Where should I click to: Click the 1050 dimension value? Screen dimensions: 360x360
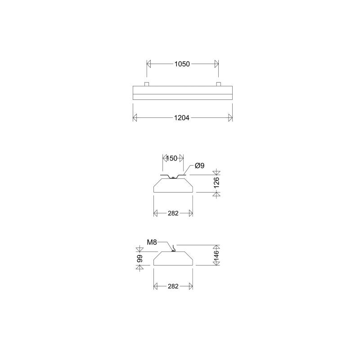click(182, 64)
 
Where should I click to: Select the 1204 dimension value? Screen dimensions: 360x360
click(182, 118)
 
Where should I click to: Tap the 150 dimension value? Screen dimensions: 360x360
click(172, 158)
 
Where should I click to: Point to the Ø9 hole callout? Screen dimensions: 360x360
click(200, 166)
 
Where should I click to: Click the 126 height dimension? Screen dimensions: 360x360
click(216, 183)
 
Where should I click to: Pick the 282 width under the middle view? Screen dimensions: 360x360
click(173, 213)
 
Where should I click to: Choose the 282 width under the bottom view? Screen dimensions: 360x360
click(173, 286)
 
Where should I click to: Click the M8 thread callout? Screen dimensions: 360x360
click(152, 243)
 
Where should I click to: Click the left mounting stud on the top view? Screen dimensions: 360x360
click(147, 84)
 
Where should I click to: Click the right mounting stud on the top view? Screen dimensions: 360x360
click(218, 84)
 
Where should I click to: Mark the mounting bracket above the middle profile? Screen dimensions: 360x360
click(173, 176)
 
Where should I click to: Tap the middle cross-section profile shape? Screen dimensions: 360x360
click(173, 185)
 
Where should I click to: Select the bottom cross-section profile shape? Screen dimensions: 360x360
click(173, 258)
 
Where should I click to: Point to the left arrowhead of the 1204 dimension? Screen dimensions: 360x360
click(135, 118)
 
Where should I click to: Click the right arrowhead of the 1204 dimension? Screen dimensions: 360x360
click(230, 118)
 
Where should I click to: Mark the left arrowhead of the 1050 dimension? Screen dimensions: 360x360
click(149, 64)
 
